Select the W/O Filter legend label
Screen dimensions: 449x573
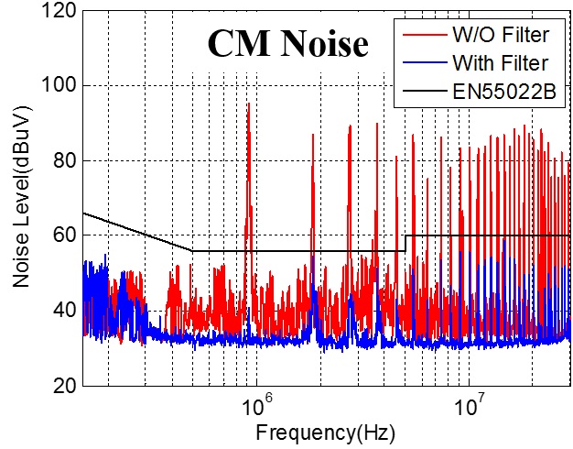(x=502, y=37)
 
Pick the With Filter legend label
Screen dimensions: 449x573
(x=501, y=63)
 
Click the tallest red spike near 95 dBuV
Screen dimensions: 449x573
(x=248, y=105)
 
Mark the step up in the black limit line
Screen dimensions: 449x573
(x=405, y=243)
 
